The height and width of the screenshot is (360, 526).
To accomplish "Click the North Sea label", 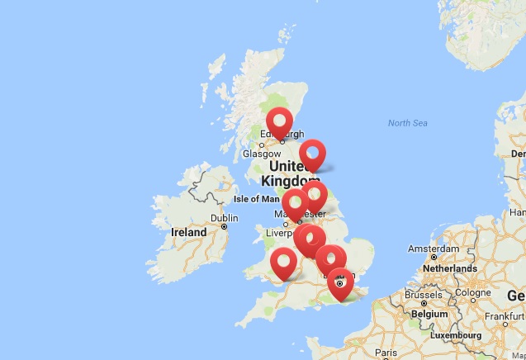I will (408, 123).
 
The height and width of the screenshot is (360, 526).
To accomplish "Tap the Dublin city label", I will (224, 218).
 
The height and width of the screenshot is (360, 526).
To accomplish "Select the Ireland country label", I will (188, 232).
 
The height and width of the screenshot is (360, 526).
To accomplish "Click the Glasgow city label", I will (263, 153).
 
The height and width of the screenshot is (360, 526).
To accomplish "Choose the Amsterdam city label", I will (434, 249).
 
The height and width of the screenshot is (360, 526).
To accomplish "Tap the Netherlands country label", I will (449, 268).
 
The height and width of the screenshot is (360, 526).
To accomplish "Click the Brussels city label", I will (424, 295).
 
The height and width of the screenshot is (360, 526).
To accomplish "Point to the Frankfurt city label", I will (505, 316).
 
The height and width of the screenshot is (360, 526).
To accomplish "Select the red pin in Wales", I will (284, 263).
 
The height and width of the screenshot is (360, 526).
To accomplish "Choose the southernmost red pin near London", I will (340, 282).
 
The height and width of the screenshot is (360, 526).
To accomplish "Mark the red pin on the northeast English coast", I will (312, 154).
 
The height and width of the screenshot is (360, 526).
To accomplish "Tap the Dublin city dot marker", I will (224, 226).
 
